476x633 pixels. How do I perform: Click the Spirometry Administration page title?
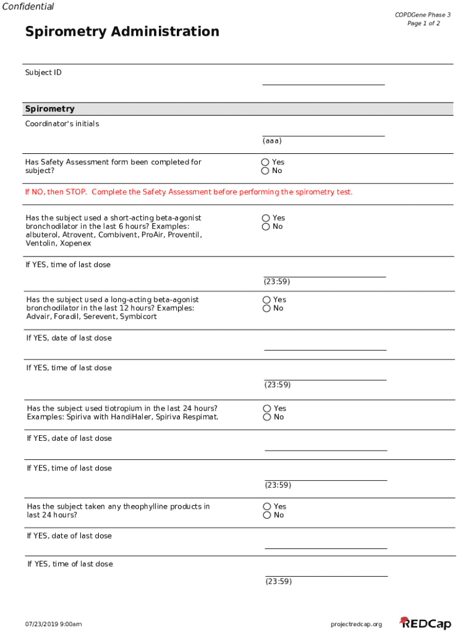[x=122, y=32]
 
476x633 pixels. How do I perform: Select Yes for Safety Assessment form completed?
[x=265, y=162]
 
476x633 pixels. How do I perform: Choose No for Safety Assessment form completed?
[x=265, y=171]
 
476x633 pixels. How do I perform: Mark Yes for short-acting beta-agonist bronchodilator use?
[x=266, y=218]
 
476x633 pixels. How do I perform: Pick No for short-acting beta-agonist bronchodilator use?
[x=266, y=227]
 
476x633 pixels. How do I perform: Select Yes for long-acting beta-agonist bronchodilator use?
[x=266, y=300]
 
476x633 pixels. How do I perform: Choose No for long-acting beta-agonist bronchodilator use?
[x=266, y=308]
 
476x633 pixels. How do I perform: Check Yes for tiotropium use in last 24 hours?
[x=267, y=409]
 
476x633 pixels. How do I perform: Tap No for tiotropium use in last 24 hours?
[x=267, y=417]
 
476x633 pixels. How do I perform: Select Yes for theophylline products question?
[x=267, y=507]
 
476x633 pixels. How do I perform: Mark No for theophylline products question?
[x=267, y=516]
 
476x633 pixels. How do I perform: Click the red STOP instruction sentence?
[x=189, y=192]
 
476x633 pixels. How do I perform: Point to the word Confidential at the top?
[x=28, y=7]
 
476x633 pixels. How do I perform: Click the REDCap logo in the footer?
[x=425, y=623]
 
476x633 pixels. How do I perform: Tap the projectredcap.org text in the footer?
[x=357, y=624]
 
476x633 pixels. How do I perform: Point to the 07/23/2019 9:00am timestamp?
[x=53, y=624]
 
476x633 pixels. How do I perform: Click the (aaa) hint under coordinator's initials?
[x=272, y=141]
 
